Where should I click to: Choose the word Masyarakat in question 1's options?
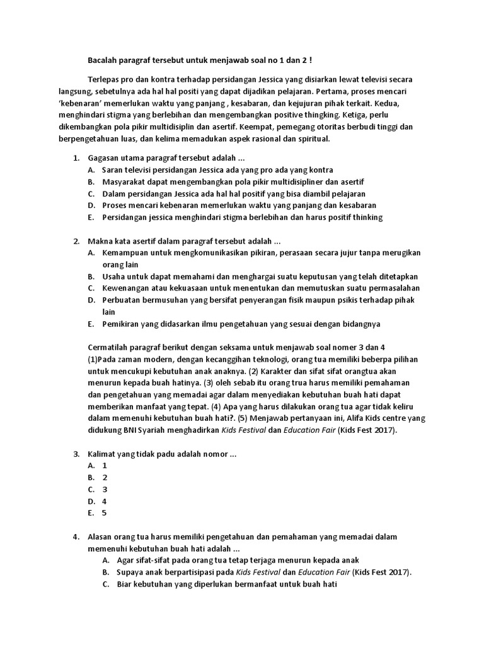(x=123, y=181)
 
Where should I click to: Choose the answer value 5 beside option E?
(x=105, y=513)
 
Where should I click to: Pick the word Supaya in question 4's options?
(x=130, y=573)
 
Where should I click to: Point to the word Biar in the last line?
(x=125, y=585)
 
